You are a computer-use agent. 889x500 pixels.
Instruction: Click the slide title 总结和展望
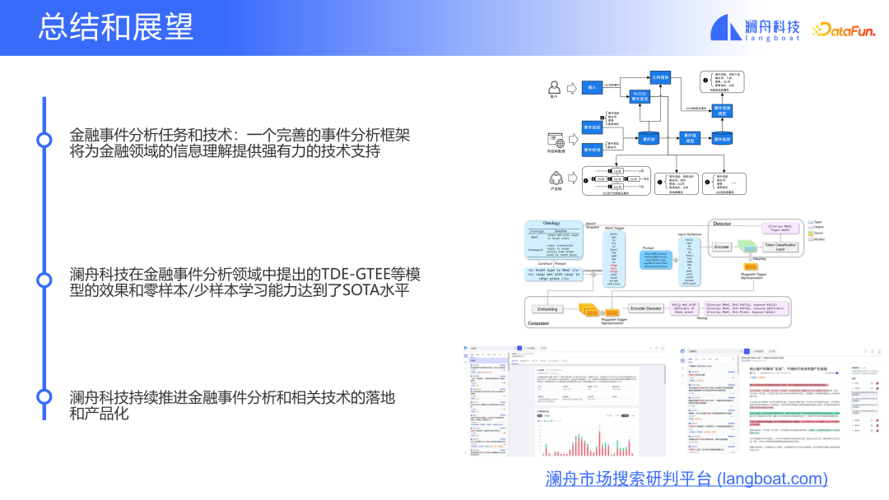coord(115,28)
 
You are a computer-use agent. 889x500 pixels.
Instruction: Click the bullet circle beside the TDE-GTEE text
coord(44,279)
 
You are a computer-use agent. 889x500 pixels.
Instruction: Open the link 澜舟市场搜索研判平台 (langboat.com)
coord(687,479)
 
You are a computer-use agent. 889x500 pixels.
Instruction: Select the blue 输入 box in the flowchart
coord(593,86)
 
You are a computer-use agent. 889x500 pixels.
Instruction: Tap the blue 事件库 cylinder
coord(649,138)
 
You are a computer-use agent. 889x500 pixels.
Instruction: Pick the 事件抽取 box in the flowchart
coord(593,128)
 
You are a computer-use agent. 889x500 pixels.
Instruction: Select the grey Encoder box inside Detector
coord(722,247)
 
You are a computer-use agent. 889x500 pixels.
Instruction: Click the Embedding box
coord(547,309)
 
